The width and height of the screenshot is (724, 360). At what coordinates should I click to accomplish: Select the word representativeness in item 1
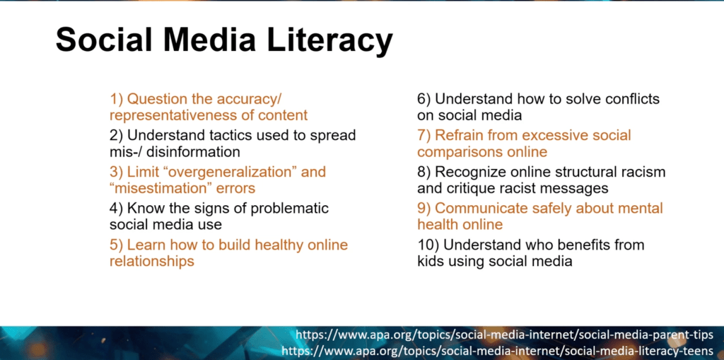(176, 115)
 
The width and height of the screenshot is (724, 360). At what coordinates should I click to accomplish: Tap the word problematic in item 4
(289, 209)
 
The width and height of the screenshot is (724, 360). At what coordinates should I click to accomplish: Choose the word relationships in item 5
(151, 261)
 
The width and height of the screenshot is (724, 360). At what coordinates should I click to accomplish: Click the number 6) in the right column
(424, 99)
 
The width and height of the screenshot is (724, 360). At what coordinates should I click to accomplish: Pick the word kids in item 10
(430, 261)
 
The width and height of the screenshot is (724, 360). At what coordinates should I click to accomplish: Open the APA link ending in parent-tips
(504, 334)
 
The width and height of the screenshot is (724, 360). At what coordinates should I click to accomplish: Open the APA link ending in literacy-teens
(497, 350)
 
